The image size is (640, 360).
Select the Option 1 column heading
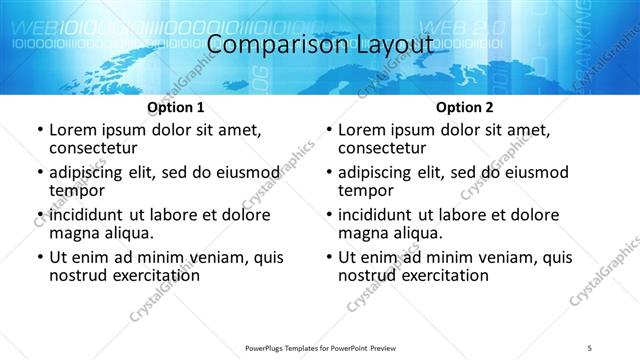(175, 107)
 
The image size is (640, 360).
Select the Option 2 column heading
(463, 107)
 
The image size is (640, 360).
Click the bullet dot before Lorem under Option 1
(39, 131)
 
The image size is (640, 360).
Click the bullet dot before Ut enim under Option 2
(328, 257)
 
